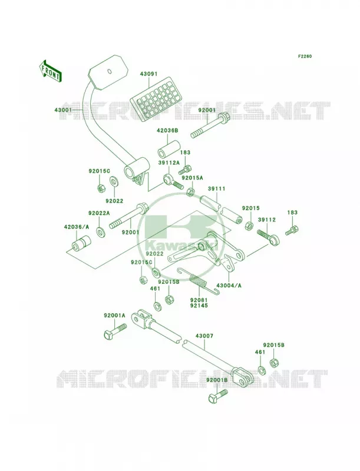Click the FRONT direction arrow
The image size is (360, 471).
tap(50, 71)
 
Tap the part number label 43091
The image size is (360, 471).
tap(148, 74)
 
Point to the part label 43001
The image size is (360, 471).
tap(63, 110)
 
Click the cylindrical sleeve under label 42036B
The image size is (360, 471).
tap(168, 148)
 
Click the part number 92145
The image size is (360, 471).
tap(199, 306)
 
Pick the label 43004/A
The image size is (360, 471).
tap(229, 286)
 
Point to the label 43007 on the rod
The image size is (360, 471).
tap(204, 336)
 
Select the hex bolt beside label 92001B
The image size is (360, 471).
tap(218, 396)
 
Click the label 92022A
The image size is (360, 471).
tap(99, 213)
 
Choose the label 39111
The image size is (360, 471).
tap(216, 188)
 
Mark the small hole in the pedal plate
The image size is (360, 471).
tap(110, 71)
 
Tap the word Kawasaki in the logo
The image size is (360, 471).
tap(181, 247)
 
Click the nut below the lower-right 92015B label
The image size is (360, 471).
tap(274, 363)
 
